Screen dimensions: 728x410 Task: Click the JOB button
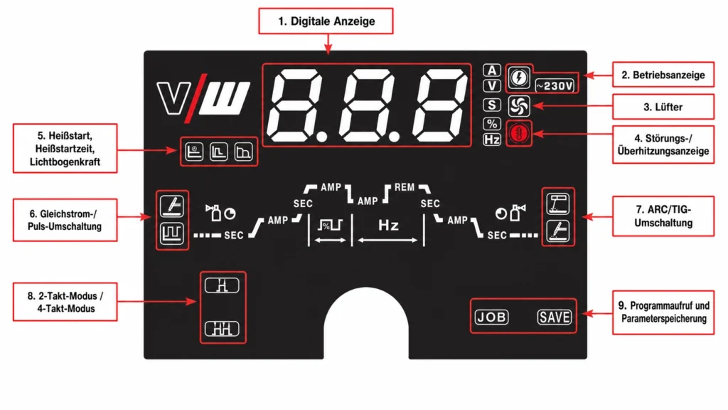(x=492, y=317)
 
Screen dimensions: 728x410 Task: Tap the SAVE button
(x=555, y=317)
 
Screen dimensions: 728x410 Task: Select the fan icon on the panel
(x=519, y=106)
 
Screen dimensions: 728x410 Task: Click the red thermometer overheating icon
(x=519, y=134)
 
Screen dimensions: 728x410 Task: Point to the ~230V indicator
(x=555, y=86)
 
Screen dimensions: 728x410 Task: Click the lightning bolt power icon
(x=519, y=77)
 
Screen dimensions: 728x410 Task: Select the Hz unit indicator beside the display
(x=492, y=140)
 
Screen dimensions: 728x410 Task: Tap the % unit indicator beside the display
(x=492, y=124)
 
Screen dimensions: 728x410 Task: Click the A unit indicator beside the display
(x=492, y=70)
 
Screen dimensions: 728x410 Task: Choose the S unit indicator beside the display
(x=492, y=105)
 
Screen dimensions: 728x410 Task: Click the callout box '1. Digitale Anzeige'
(x=326, y=21)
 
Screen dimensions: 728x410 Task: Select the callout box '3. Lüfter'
(x=663, y=107)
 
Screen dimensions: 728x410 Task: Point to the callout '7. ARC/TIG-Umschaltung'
(x=663, y=216)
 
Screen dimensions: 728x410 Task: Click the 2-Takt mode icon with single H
(x=222, y=285)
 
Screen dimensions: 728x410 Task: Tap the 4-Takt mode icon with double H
(x=222, y=329)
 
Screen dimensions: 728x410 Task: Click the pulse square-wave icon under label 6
(x=172, y=233)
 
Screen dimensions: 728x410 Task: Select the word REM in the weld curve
(x=404, y=187)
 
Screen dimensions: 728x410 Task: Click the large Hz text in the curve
(x=388, y=226)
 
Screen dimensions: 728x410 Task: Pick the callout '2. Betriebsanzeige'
(x=663, y=75)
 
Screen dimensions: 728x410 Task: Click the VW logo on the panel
(x=203, y=99)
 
